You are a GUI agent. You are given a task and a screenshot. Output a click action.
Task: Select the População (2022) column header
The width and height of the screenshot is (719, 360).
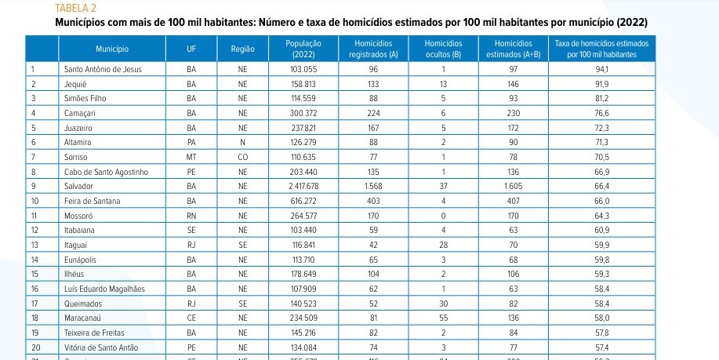click(302, 49)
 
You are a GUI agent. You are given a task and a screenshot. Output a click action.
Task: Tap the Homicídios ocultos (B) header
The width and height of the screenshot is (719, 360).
click(443, 49)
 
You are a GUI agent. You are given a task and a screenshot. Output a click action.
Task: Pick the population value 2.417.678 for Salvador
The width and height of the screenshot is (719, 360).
click(302, 187)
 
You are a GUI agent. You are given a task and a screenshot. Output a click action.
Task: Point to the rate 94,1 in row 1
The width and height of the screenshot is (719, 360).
click(603, 69)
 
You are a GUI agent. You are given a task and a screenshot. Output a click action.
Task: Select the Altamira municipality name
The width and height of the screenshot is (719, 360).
click(78, 143)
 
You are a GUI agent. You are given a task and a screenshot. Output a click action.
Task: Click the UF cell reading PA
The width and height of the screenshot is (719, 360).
click(191, 143)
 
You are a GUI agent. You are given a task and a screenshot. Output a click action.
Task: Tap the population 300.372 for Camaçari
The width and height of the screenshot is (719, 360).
click(302, 113)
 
